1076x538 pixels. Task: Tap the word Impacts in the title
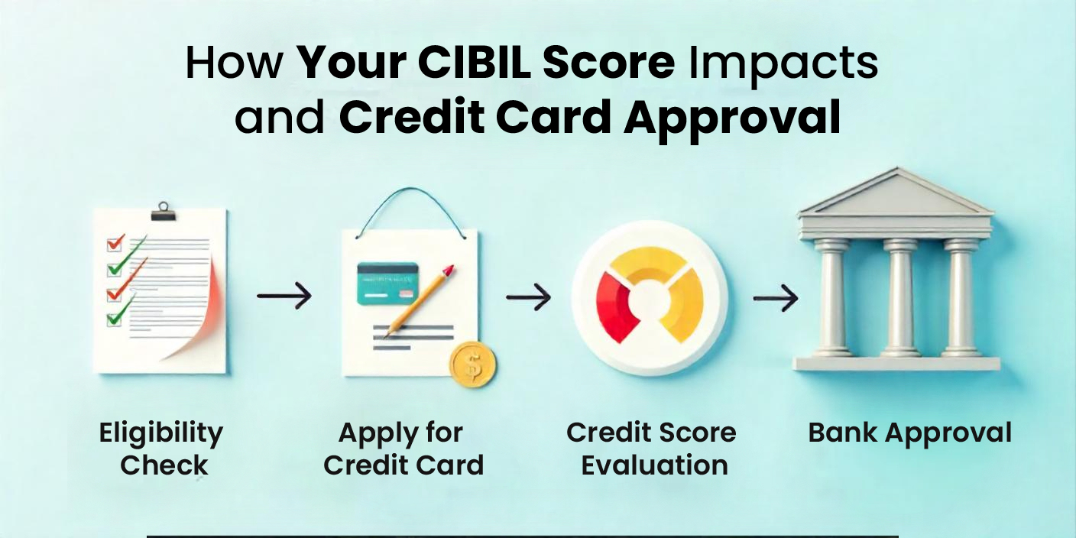pyautogui.click(x=784, y=65)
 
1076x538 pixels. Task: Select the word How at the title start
pyautogui.click(x=234, y=65)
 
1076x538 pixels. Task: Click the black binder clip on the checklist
pyautogui.click(x=163, y=210)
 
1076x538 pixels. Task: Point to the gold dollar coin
pyautogui.click(x=472, y=365)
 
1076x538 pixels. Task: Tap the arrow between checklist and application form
pyautogui.click(x=284, y=296)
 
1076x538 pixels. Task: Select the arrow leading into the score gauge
pyautogui.click(x=528, y=297)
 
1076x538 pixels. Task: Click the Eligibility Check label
pyautogui.click(x=161, y=449)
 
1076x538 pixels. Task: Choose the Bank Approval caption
pyautogui.click(x=909, y=433)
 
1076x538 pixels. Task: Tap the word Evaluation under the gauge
pyautogui.click(x=654, y=465)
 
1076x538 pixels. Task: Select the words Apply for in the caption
pyautogui.click(x=400, y=433)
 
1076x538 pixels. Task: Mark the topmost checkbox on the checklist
pyautogui.click(x=115, y=243)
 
